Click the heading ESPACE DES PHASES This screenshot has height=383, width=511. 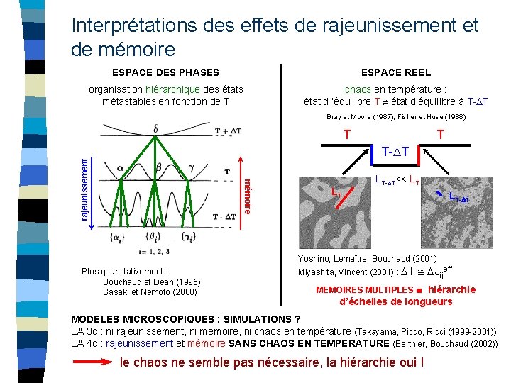tap(165, 72)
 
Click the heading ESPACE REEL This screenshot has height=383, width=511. tap(395, 72)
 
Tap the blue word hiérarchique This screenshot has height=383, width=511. tap(173, 89)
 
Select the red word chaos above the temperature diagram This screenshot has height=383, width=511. tap(358, 89)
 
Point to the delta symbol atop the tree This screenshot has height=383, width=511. tap(155, 129)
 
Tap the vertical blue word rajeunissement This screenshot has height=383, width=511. tap(84, 188)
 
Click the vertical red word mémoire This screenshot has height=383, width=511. tap(247, 196)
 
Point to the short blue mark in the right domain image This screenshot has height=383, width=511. tap(444, 186)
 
